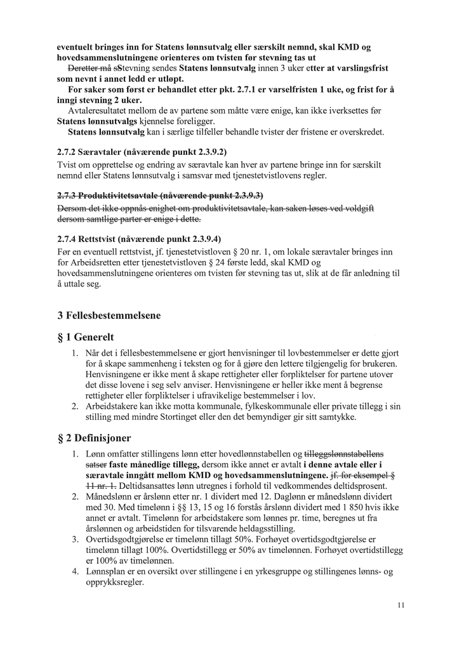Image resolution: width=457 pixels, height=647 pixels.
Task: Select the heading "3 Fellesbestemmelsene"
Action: (x=109, y=315)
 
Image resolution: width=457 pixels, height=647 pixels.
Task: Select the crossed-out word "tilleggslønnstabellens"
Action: (x=345, y=453)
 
